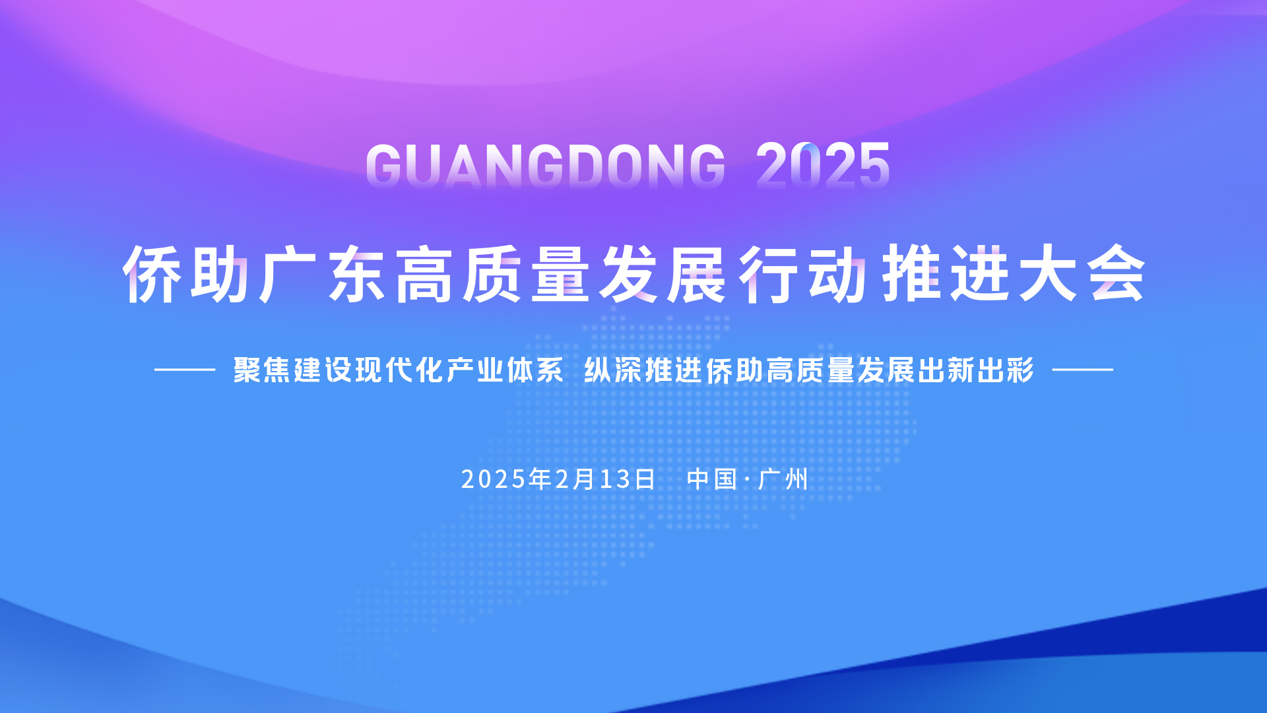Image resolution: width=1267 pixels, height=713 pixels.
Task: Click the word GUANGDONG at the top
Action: [546, 165]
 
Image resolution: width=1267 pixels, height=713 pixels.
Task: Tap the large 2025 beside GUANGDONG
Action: [823, 165]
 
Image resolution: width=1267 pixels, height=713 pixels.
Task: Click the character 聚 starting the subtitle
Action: [247, 370]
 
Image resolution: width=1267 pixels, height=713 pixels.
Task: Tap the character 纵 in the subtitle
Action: [598, 370]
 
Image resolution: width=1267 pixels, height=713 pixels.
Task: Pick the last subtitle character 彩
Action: [1021, 370]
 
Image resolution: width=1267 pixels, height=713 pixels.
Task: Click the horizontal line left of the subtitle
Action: [185, 370]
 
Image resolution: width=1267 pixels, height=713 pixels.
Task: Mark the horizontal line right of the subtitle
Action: [1082, 370]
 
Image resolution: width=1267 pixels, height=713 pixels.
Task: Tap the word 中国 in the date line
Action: [711, 479]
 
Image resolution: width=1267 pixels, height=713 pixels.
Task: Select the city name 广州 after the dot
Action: [783, 479]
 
